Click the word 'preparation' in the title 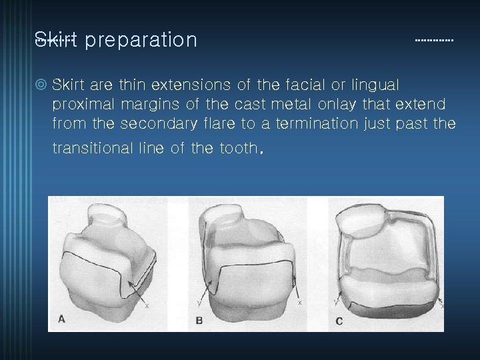click(141, 40)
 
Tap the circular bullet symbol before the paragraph click(41, 85)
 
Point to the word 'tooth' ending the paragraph click(238, 148)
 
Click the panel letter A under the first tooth click(61, 319)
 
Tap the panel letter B click(199, 321)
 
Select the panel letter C click(339, 321)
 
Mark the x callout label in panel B click(299, 302)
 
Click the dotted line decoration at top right click(434, 41)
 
